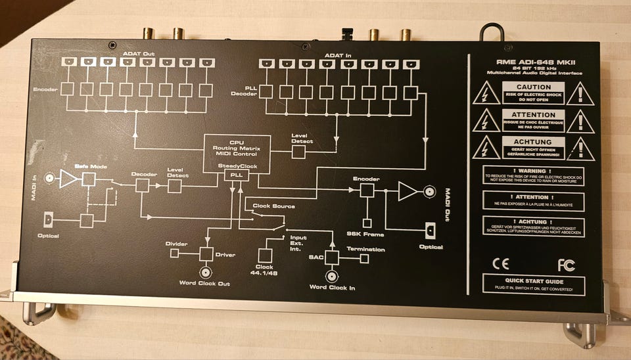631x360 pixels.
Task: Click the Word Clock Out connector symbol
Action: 206,272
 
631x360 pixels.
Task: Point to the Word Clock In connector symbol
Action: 332,276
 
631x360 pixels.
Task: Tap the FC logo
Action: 566,265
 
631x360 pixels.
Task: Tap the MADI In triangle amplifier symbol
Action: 68,178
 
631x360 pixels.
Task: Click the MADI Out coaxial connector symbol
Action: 429,192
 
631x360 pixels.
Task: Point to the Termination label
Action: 366,250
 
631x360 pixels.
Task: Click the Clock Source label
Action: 273,206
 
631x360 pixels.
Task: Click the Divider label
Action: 177,244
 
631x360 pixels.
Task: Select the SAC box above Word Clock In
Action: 332,258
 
